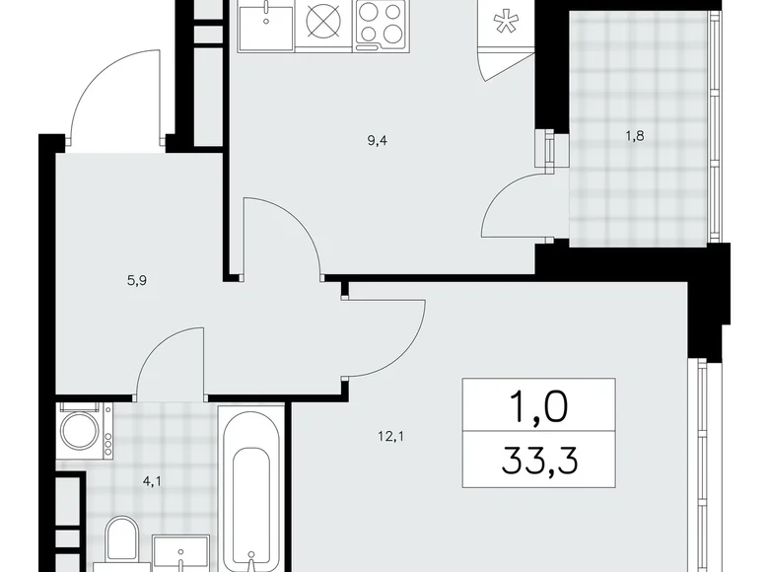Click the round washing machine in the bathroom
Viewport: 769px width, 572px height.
coord(81,430)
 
